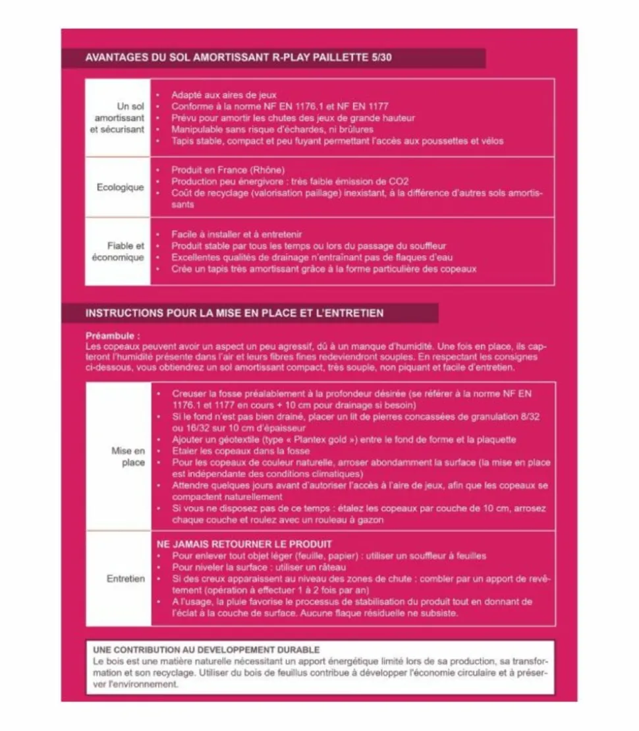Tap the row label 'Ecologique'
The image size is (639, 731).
point(120,187)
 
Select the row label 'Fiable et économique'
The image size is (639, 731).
point(118,251)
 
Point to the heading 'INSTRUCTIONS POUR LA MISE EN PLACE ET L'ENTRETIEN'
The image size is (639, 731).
point(235,312)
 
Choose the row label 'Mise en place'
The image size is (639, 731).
point(128,457)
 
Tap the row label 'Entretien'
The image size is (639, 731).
point(126,578)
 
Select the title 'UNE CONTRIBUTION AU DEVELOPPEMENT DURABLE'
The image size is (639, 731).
point(207,650)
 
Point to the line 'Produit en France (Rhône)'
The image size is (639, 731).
point(228,170)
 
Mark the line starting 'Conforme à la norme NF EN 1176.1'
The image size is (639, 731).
point(280,106)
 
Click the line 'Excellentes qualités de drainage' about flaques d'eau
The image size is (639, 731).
point(312,257)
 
